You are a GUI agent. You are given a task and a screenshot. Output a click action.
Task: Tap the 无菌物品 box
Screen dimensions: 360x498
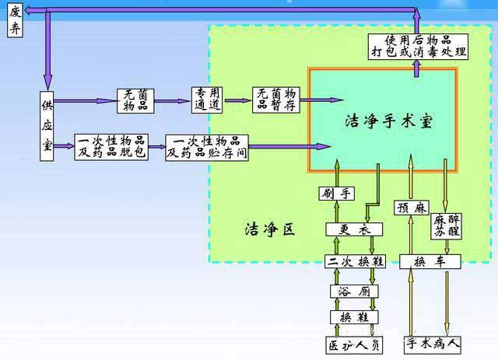pos(137,100)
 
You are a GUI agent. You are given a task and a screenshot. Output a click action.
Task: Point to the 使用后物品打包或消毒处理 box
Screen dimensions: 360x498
pos(417,46)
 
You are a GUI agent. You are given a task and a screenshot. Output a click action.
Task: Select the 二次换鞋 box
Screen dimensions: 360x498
pos(355,261)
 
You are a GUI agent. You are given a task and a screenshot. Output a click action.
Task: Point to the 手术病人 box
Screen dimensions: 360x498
pos(433,343)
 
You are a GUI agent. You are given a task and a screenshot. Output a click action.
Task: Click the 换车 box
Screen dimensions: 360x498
pos(430,261)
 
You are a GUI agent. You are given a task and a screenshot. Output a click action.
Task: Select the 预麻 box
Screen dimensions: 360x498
pos(411,208)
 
